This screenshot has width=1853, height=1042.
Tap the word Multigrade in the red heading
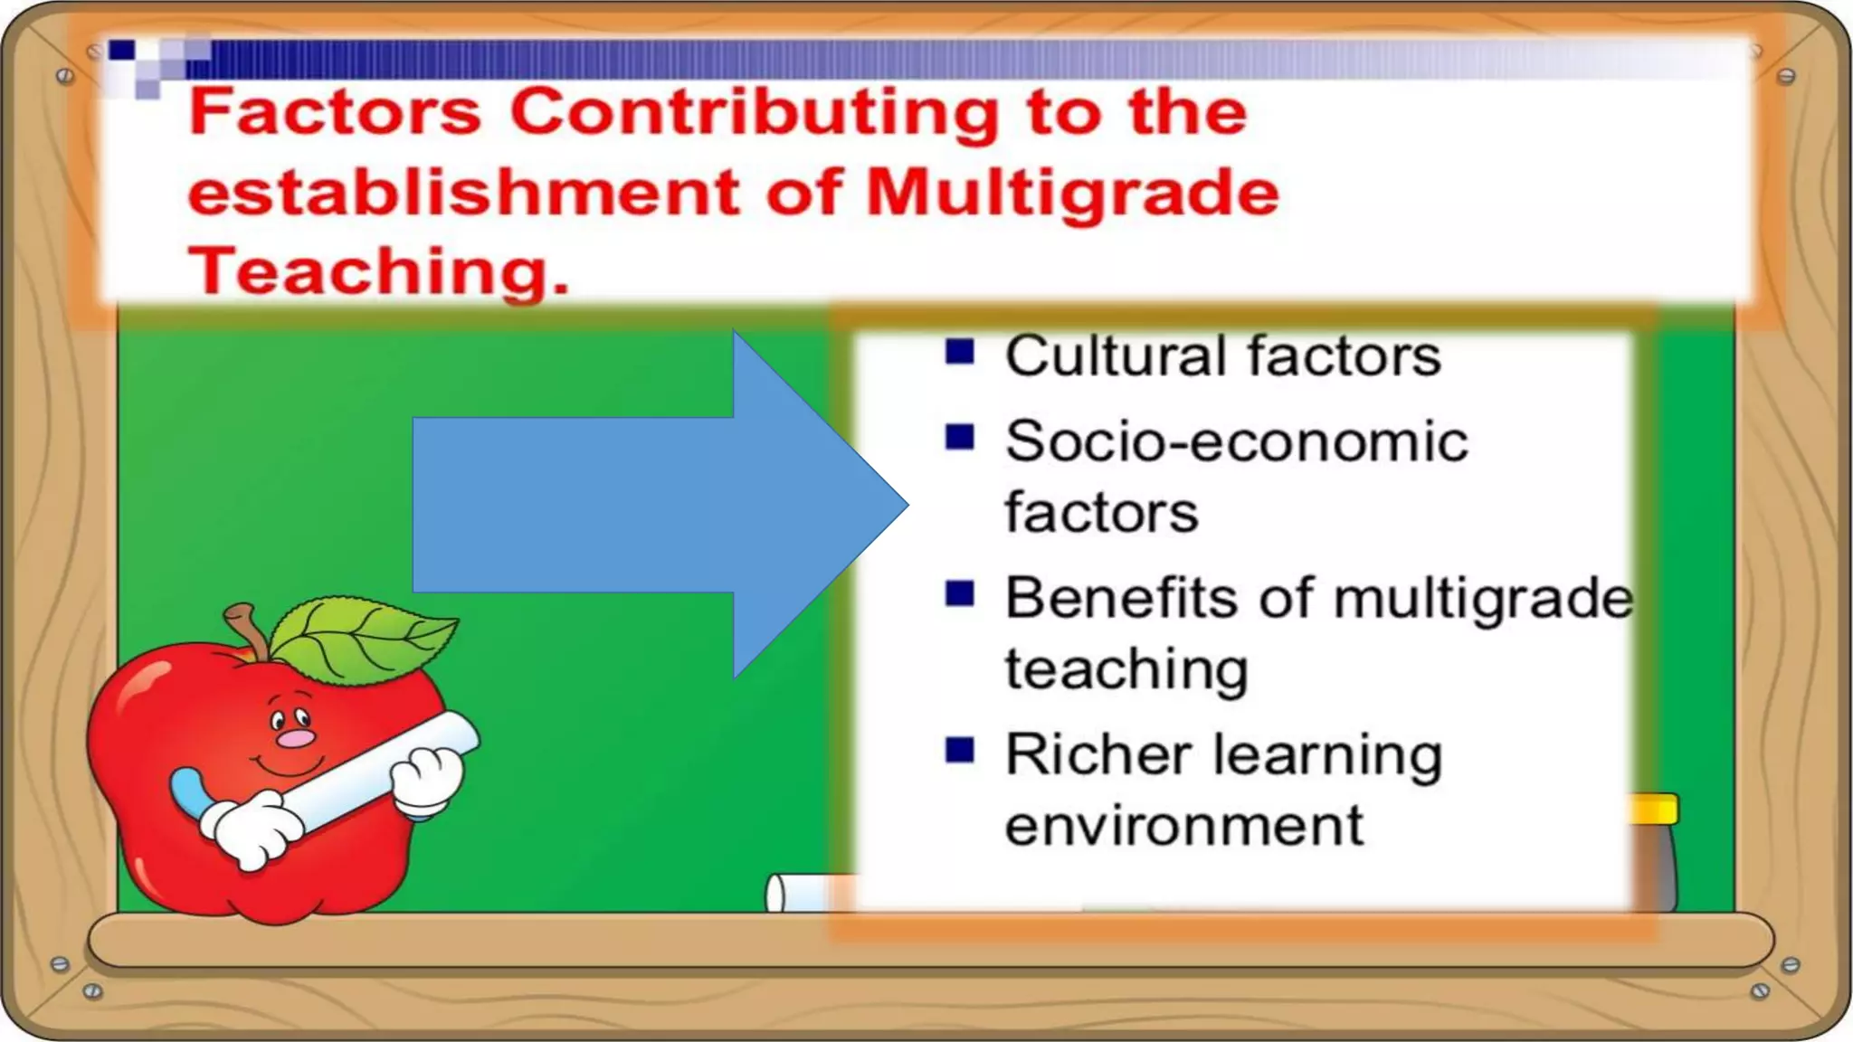[1072, 194]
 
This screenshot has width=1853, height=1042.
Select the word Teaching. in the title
[378, 270]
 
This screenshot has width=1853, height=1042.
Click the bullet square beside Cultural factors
[959, 351]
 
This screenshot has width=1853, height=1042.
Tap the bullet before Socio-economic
[959, 437]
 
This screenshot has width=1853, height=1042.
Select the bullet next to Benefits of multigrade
[959, 593]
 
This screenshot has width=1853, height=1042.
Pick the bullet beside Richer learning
[959, 750]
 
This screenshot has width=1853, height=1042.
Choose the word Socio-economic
[1236, 441]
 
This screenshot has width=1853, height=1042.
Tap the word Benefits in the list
[1121, 598]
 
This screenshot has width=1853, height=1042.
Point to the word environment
[1183, 826]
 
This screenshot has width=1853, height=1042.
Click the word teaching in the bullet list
[1126, 670]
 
